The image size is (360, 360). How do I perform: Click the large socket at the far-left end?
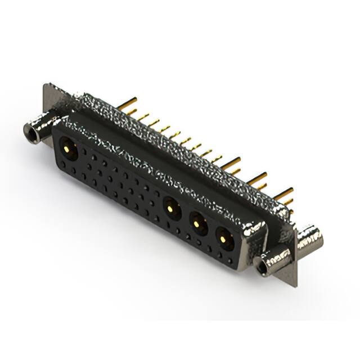pyautogui.click(x=69, y=148)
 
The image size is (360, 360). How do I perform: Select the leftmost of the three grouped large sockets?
pyautogui.click(x=172, y=209)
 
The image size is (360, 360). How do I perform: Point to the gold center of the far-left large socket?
pyautogui.click(x=69, y=148)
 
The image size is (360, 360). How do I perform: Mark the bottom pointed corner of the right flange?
pyautogui.click(x=295, y=285)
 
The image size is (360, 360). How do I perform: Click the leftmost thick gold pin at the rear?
pyautogui.click(x=128, y=103)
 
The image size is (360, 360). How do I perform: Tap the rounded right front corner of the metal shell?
pyautogui.click(x=256, y=231)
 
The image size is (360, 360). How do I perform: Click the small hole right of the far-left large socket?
pyautogui.click(x=85, y=152)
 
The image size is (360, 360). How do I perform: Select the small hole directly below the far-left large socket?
pyautogui.click(x=66, y=164)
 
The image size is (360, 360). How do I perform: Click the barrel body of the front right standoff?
pyautogui.click(x=273, y=260)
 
